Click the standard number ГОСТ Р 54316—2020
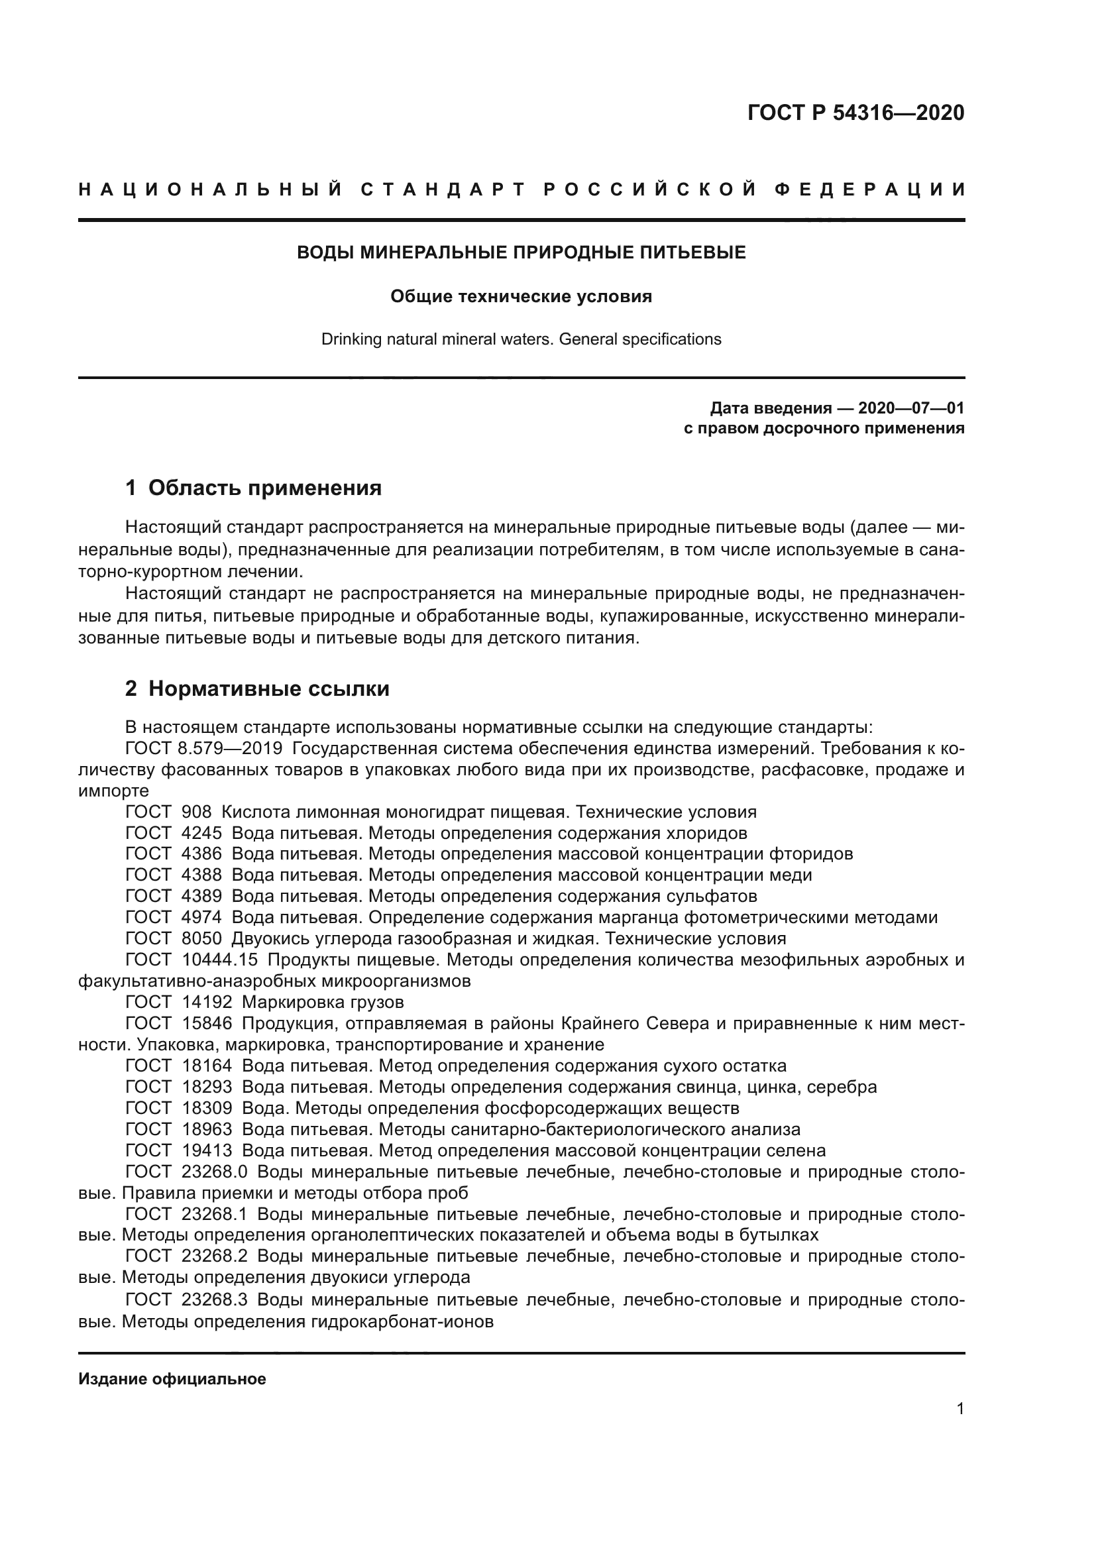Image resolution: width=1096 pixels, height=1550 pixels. [x=855, y=113]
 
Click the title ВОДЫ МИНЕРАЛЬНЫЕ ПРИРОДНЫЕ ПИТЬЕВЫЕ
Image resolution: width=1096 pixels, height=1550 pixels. [x=521, y=253]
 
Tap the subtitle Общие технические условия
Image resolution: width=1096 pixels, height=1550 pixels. [x=521, y=297]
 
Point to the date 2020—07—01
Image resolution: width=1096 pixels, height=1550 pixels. [x=910, y=408]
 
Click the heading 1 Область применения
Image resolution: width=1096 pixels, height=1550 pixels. [x=254, y=488]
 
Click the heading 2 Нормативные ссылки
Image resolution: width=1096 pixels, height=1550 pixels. [x=257, y=689]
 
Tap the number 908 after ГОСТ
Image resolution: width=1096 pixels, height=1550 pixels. [x=196, y=812]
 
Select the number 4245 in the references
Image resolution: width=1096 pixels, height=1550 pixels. [x=202, y=832]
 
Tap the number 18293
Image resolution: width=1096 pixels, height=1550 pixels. [x=207, y=1087]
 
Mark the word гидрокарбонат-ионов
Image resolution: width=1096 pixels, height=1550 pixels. [x=402, y=1321]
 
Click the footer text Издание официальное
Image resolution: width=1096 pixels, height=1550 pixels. [x=172, y=1379]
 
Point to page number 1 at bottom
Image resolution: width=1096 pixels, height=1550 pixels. [x=959, y=1409]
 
